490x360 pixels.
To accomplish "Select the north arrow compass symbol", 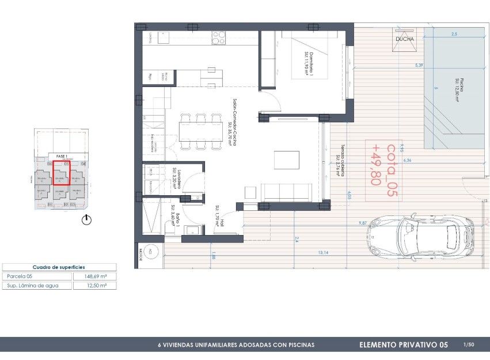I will point(87,219).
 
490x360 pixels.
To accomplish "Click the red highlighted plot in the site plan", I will point(60,173).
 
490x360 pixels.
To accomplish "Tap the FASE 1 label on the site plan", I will point(62,156).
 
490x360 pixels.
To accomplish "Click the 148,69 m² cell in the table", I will point(94,276).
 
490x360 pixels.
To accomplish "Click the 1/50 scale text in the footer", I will point(468,344).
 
